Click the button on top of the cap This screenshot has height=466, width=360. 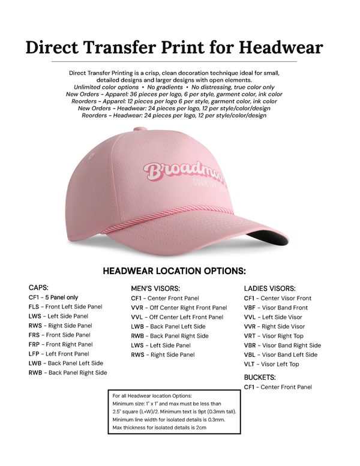tap(140, 129)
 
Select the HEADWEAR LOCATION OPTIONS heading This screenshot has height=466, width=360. tap(174, 270)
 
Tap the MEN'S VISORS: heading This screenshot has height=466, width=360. tap(155, 288)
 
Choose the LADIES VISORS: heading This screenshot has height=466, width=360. tap(269, 288)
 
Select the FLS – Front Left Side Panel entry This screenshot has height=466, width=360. tap(65, 306)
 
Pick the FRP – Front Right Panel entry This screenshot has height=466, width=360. tap(61, 344)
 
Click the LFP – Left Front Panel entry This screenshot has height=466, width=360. tap(59, 354)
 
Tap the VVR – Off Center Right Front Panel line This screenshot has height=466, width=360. tap(179, 308)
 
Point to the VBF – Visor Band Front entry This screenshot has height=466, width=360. tap(275, 308)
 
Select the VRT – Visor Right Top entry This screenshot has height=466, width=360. tap(274, 336)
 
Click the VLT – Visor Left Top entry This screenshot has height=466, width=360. tap(272, 364)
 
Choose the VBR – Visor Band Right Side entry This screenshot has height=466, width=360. tap(282, 345)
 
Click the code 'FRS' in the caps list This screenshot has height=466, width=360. tap(34, 335)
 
